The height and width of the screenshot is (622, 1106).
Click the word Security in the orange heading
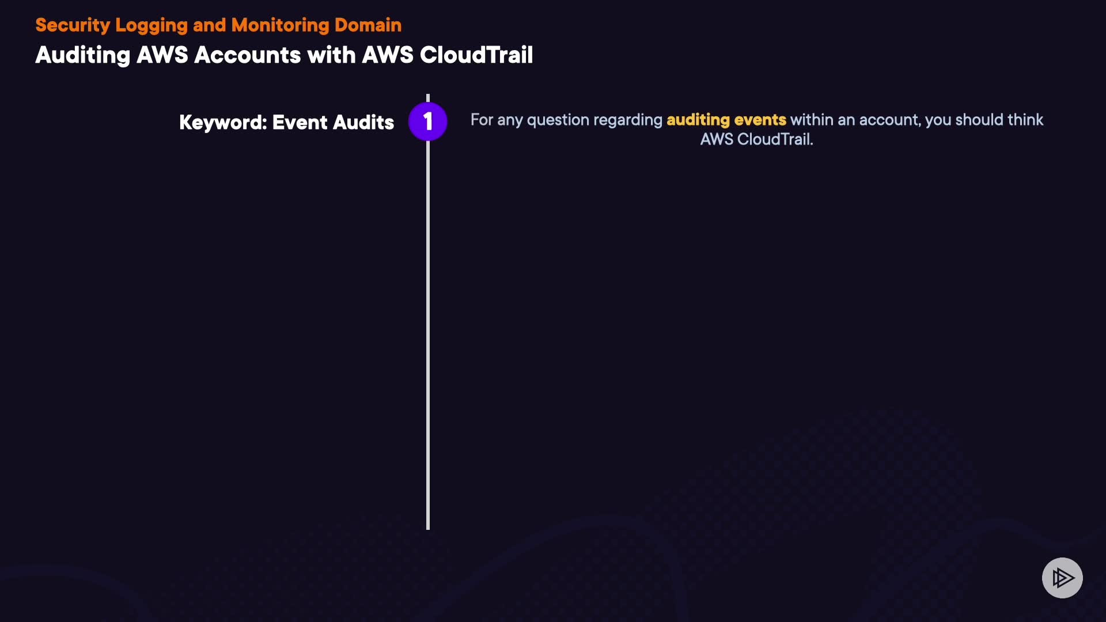[x=73, y=25]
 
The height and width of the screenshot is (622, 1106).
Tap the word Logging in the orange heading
[x=151, y=26]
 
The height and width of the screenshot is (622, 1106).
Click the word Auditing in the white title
[x=83, y=55]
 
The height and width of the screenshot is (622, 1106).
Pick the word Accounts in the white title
[x=247, y=55]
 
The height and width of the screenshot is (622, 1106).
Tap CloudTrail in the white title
[x=476, y=55]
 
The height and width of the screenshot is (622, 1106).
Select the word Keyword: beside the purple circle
[x=223, y=123]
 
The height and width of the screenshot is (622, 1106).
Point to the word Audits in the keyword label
[x=363, y=123]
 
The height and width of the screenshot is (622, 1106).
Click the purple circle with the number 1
[x=427, y=122]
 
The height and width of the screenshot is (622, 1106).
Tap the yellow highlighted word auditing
[x=698, y=120]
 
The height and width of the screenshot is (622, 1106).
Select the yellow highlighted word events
[x=760, y=120]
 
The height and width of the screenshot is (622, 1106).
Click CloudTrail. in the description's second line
[x=775, y=139]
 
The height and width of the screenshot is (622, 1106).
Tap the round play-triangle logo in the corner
[x=1062, y=578]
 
